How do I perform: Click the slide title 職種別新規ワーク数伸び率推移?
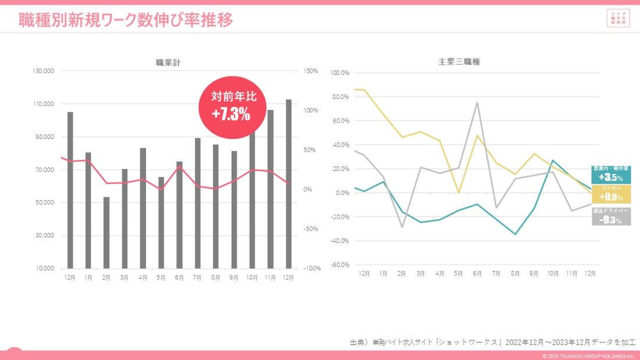[x=126, y=20]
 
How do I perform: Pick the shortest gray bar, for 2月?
[x=106, y=233]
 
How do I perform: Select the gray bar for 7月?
[x=198, y=203]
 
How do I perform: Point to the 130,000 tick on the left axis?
[x=44, y=71]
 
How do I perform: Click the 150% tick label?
[x=311, y=71]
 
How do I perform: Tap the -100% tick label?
[x=311, y=269]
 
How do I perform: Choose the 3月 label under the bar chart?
[x=125, y=278]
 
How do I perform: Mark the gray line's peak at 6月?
[x=477, y=102]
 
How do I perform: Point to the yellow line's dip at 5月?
[x=458, y=192]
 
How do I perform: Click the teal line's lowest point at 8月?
[x=515, y=234]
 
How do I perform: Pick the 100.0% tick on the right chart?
[x=339, y=73]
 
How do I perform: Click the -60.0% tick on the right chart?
[x=339, y=265]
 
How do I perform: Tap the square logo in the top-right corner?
[x=618, y=18]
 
